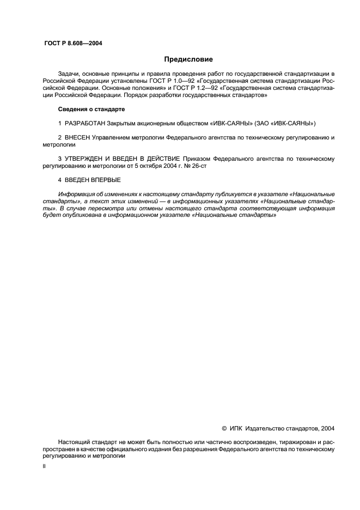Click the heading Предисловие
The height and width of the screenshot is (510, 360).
pos(188,59)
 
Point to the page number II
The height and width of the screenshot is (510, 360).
pos(44,466)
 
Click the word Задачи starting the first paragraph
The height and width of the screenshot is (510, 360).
pos(69,73)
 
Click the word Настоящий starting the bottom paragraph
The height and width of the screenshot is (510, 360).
pos(74,443)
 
